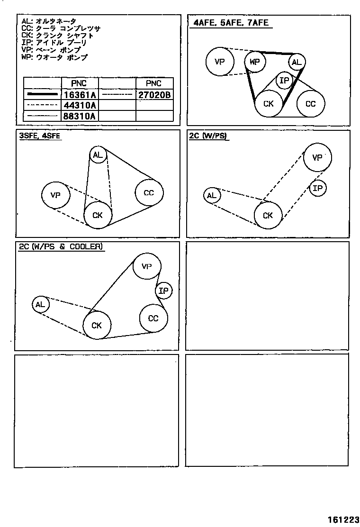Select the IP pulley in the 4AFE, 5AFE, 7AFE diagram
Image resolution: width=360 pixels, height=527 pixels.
point(284,81)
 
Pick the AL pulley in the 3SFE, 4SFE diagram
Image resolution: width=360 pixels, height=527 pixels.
point(98,155)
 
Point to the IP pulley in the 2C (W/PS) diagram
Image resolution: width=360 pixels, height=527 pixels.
point(318,189)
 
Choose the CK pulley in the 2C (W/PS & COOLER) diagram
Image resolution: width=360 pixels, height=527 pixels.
point(97,325)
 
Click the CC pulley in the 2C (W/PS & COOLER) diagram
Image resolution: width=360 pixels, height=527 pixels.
point(153,318)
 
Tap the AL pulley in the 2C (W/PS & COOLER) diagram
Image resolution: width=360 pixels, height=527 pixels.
point(40,304)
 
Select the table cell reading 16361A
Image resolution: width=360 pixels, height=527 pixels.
point(80,95)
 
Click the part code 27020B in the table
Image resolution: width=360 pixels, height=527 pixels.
point(154,95)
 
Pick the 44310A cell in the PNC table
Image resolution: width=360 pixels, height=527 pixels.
point(80,105)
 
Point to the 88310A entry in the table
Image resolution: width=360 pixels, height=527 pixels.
point(80,116)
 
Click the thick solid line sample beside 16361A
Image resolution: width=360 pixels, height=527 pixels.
point(43,95)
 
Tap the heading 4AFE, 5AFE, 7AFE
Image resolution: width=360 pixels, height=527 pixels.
point(231,23)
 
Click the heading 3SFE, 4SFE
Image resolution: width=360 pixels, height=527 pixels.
point(40,136)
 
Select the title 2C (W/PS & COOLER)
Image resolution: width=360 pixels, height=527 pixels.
point(61,246)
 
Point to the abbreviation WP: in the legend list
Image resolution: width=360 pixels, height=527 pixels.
point(27,57)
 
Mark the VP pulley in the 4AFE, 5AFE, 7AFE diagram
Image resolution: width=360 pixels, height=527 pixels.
point(220,62)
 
